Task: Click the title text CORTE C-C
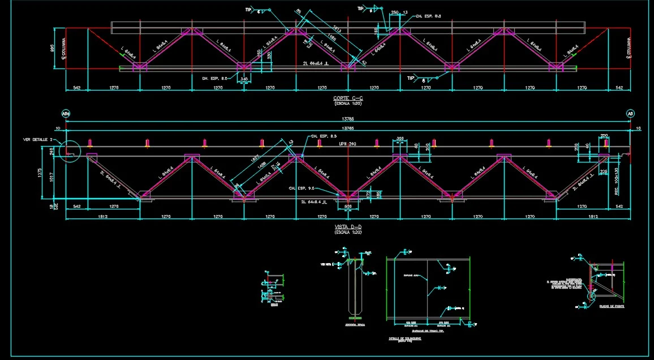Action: point(348,98)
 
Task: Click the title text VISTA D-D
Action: point(347,227)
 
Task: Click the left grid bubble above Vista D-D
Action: point(66,114)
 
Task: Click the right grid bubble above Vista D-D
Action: point(630,114)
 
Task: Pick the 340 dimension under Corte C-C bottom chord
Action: point(244,79)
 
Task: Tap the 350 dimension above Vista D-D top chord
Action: point(401,138)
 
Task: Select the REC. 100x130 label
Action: point(617,181)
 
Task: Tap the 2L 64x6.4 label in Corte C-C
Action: point(318,64)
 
